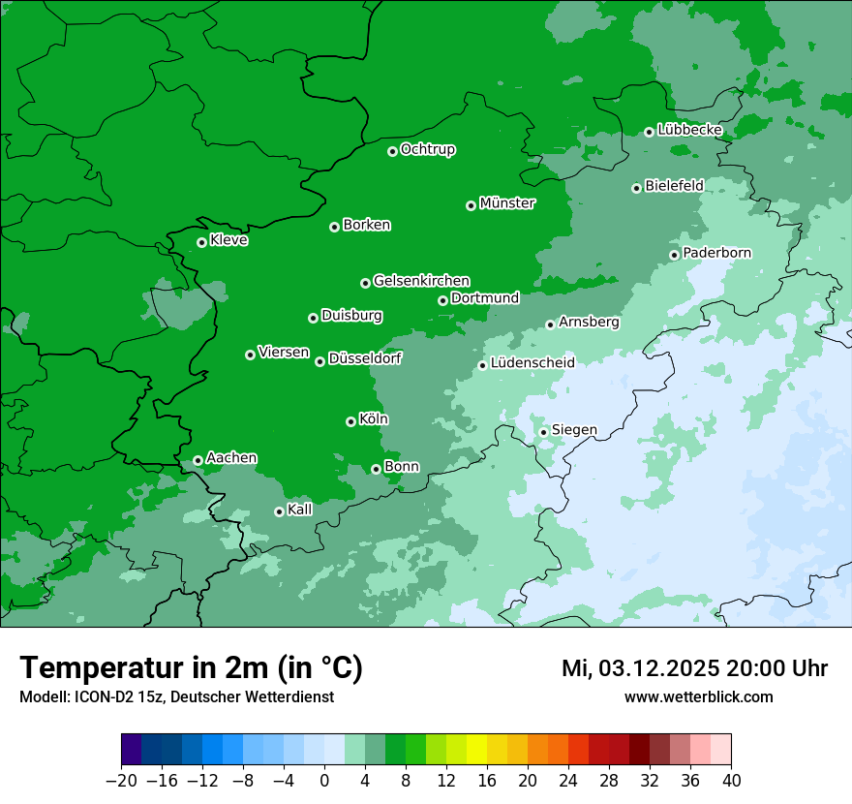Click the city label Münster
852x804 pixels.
pos(507,203)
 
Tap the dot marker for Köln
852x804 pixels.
pos(350,421)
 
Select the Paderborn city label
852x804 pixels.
pos(716,253)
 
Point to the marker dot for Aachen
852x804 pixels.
pos(198,460)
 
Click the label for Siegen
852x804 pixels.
pos(574,430)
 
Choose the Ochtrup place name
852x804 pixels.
pos(427,149)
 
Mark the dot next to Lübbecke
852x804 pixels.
pos(649,132)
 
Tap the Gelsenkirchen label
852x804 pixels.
pos(421,281)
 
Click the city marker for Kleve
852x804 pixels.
pos(201,242)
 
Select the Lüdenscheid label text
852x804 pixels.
pos(532,363)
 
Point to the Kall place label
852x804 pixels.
pos(300,510)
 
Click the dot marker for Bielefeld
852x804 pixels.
pos(636,188)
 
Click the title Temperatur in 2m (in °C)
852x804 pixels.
pos(191,667)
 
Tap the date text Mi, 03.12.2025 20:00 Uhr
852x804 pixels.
pos(694,668)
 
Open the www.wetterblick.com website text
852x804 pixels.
pos(698,696)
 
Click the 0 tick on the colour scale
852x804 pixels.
pos(324,781)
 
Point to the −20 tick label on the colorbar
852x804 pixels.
pos(121,781)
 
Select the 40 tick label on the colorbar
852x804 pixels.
pos(731,781)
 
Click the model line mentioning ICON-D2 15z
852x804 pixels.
pos(176,696)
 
